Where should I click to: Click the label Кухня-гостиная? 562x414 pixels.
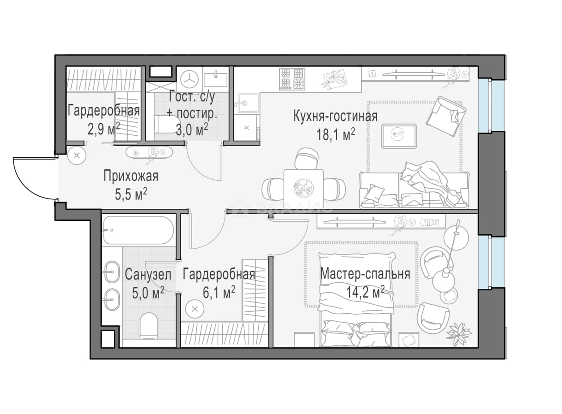[335, 116]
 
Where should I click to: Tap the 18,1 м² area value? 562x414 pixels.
[336, 135]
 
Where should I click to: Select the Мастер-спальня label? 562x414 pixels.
[365, 274]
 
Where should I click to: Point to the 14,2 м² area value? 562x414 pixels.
[365, 292]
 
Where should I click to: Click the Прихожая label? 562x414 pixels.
[131, 176]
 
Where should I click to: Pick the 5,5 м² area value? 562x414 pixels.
[131, 194]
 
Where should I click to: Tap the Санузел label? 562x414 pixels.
[148, 274]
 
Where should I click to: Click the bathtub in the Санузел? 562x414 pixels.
[138, 230]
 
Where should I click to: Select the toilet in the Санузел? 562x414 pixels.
[148, 326]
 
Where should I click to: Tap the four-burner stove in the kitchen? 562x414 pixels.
[292, 79]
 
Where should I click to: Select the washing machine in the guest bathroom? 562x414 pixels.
[190, 79]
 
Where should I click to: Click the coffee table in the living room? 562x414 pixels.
[399, 136]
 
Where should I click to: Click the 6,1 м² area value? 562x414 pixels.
[219, 293]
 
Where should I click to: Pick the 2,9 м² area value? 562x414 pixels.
[104, 129]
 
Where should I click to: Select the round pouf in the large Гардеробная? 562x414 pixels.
[195, 310]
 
